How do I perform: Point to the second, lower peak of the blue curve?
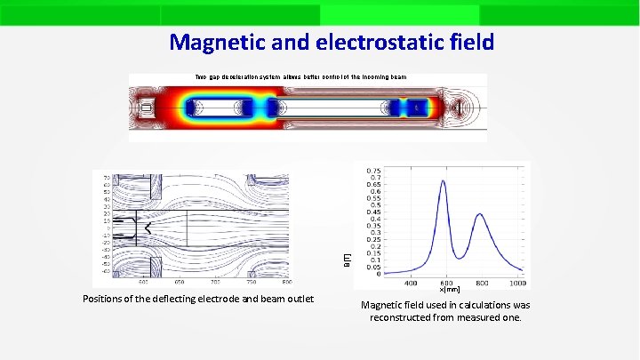(x=479, y=214)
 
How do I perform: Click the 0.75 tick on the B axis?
(x=375, y=170)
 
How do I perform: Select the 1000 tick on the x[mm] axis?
(x=516, y=284)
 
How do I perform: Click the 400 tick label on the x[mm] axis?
(x=411, y=284)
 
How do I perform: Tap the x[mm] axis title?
(x=450, y=290)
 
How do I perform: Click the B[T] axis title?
(x=348, y=259)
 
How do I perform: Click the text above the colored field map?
(x=300, y=77)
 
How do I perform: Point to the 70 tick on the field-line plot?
(x=107, y=178)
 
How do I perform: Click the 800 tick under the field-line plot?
(x=286, y=281)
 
